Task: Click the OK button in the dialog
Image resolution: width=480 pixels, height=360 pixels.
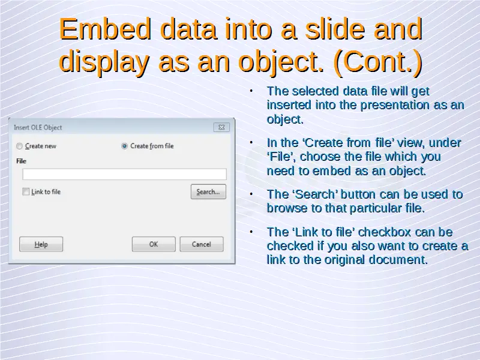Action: click(154, 244)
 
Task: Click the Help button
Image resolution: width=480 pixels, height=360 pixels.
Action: click(41, 244)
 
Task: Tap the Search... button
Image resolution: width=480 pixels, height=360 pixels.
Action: click(208, 191)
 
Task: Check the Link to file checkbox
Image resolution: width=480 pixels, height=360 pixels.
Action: click(26, 192)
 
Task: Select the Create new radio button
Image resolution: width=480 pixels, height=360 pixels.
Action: click(19, 146)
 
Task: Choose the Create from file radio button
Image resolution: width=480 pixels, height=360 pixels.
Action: click(124, 146)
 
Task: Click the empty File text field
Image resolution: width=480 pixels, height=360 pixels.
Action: click(124, 174)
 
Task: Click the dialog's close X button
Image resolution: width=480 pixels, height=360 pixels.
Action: click(221, 127)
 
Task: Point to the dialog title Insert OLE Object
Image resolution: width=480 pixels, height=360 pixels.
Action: click(38, 127)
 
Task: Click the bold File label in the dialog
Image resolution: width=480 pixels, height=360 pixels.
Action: click(21, 161)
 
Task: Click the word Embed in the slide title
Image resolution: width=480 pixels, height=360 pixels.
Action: click(105, 29)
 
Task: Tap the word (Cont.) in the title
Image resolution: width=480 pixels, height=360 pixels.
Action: click(379, 62)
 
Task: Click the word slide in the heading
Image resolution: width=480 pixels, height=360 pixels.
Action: click(335, 29)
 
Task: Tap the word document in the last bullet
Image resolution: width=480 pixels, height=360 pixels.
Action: click(398, 260)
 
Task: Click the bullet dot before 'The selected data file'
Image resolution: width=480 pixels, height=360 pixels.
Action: click(251, 91)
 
